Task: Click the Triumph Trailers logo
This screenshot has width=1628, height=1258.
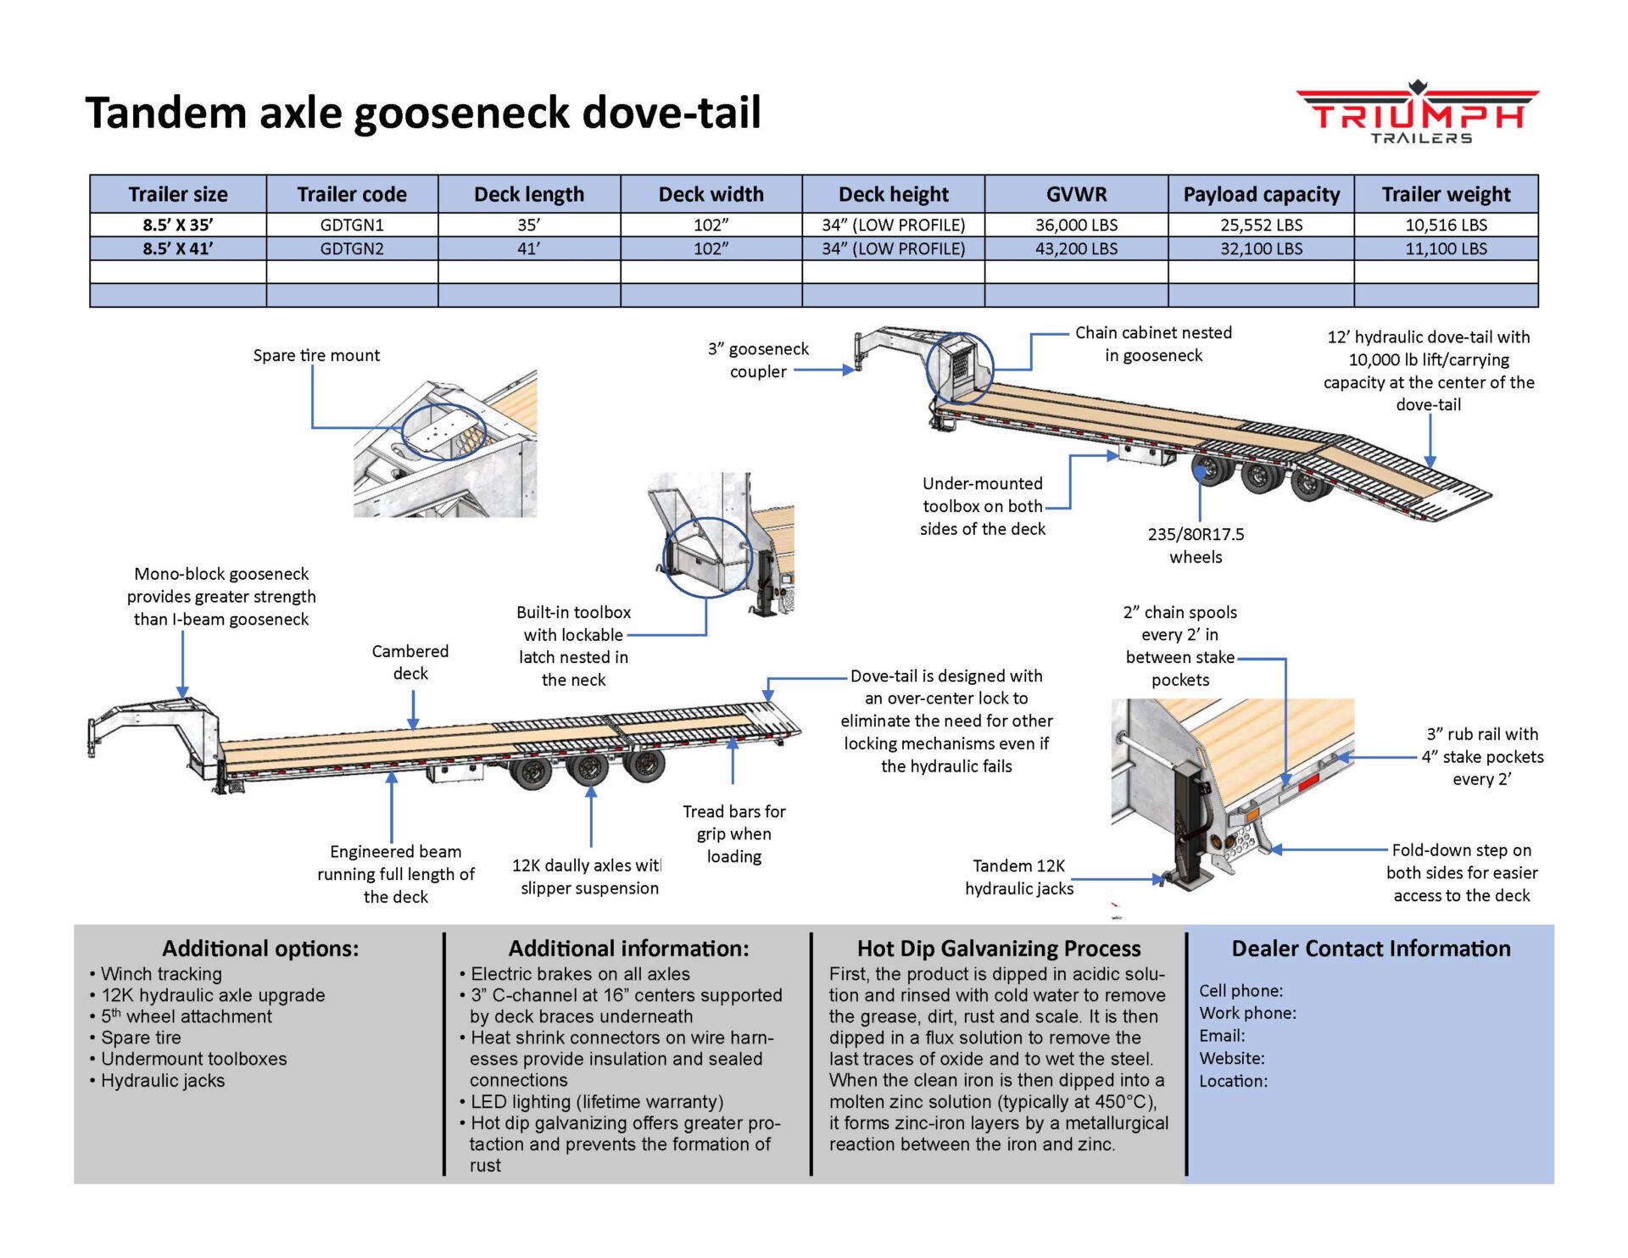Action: (x=1418, y=114)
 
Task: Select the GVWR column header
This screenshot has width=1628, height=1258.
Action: (x=1076, y=194)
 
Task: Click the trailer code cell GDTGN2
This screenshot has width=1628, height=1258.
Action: (x=352, y=248)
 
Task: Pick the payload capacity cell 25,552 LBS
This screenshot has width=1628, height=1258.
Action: (x=1261, y=225)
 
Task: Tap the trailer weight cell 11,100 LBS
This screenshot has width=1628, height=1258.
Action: (x=1446, y=248)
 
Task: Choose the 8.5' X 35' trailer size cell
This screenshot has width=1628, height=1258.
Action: (x=178, y=225)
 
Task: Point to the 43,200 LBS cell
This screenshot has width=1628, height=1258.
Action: (x=1076, y=248)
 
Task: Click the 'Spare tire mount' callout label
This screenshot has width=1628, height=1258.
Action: (x=316, y=355)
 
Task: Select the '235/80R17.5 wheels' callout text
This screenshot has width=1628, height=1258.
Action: (x=1196, y=545)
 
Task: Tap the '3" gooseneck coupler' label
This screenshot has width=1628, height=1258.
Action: (x=758, y=359)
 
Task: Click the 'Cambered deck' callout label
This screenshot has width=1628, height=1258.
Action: (x=410, y=662)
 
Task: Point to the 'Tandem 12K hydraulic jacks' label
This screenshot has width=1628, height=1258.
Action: (x=1019, y=877)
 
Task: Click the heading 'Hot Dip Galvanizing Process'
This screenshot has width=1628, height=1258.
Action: (x=999, y=948)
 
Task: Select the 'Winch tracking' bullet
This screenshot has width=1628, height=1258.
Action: (x=161, y=974)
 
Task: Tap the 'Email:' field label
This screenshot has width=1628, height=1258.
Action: (x=1222, y=1036)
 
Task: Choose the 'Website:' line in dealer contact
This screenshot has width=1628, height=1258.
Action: (x=1231, y=1058)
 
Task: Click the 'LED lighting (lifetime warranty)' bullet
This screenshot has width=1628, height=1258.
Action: (x=597, y=1101)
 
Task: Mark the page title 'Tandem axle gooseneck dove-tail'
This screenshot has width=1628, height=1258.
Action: (x=423, y=113)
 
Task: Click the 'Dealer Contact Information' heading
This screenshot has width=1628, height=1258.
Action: (x=1370, y=948)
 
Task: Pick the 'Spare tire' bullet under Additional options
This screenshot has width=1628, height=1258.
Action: (x=141, y=1038)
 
